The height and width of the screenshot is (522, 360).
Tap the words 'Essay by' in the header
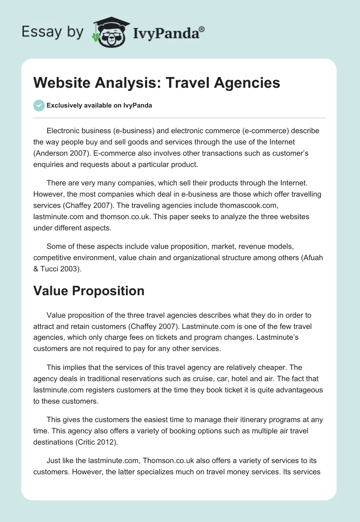tap(52, 32)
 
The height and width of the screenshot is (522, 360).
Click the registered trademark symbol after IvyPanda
tap(202, 29)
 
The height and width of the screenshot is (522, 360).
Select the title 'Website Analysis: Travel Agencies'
tap(157, 83)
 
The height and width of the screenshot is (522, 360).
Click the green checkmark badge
tap(38, 105)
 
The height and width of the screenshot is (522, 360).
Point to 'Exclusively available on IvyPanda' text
tap(99, 106)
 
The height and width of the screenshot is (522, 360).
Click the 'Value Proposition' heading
tap(89, 291)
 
